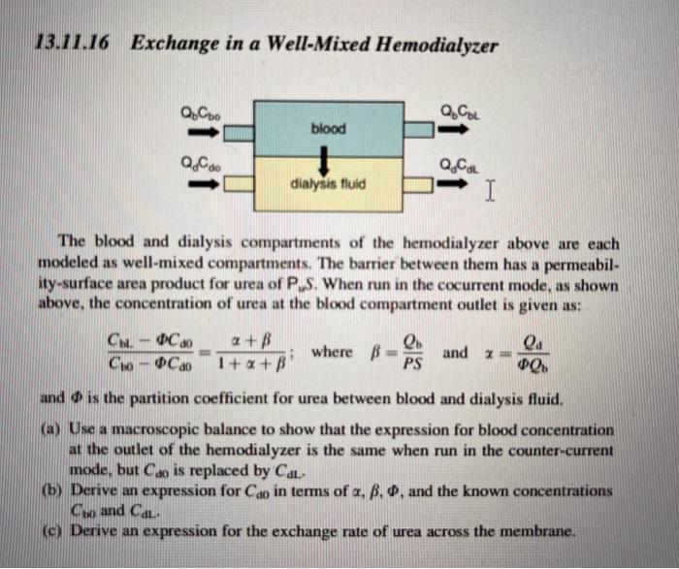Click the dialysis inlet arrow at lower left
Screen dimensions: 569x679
194,184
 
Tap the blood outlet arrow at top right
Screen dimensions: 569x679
454,127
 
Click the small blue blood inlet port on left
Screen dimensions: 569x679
240,128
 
